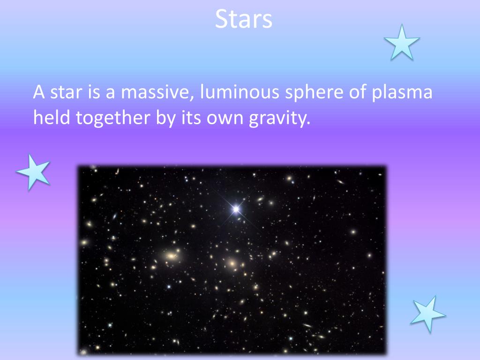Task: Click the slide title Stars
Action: point(244,19)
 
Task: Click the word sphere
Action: point(314,92)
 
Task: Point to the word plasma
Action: point(402,92)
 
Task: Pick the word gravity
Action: point(277,119)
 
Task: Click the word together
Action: point(112,119)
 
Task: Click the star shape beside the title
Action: point(402,43)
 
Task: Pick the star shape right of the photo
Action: point(427,314)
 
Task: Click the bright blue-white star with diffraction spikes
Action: point(236,210)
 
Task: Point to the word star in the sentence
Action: point(67,92)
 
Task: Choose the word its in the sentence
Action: point(191,118)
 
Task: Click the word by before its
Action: point(165,119)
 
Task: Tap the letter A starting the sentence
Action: point(39,92)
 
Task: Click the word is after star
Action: point(94,92)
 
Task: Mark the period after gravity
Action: point(308,124)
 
